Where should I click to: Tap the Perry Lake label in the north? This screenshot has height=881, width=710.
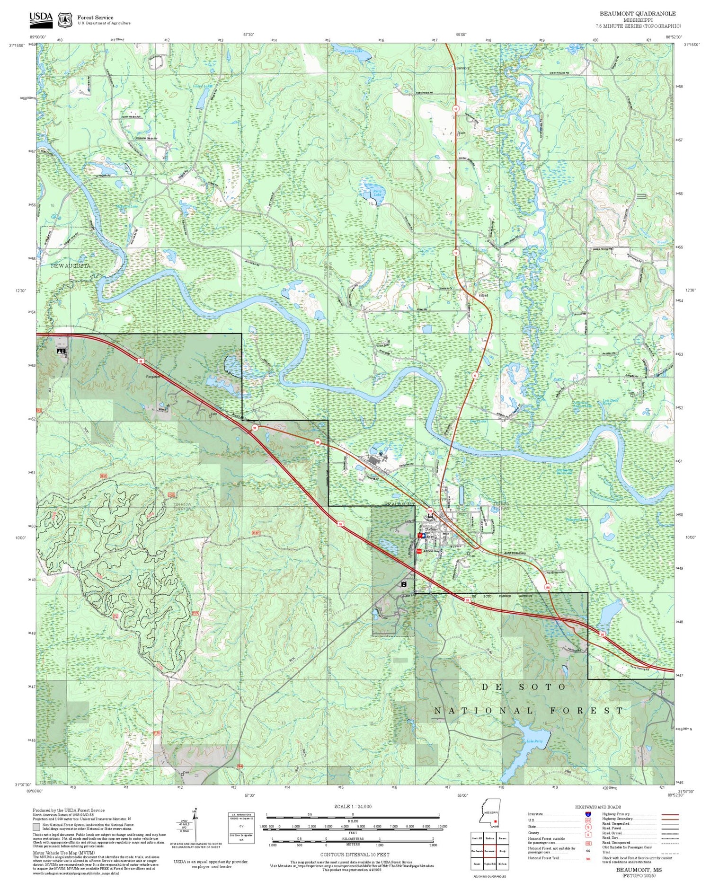(377, 193)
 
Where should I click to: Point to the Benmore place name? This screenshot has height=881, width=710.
(462, 68)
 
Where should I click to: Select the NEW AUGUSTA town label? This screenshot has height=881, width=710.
(70, 266)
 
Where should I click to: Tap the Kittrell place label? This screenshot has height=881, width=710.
(483, 295)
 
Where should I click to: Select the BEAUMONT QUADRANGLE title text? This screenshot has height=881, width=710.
(638, 13)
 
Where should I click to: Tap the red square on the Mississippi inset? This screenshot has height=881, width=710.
(495, 821)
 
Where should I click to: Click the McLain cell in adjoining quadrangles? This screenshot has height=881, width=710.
(503, 863)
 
